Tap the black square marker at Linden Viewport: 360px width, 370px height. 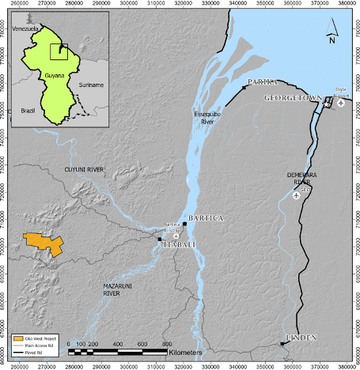coord(282,343)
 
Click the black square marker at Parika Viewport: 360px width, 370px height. coord(244,88)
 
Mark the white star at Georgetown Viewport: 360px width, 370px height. coord(327,103)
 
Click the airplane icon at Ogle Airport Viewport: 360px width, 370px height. coord(341,102)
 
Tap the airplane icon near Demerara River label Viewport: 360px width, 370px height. coord(297,196)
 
